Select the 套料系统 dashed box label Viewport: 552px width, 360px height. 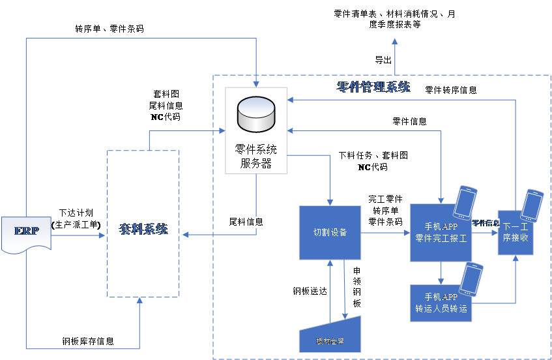coord(143,230)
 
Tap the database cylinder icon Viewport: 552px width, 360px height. coord(255,114)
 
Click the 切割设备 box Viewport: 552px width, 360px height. coord(330,233)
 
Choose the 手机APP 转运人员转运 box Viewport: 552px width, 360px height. coord(441,303)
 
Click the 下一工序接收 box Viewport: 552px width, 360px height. coord(515,233)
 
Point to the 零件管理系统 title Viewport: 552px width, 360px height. coord(373,87)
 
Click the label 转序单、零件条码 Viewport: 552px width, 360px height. coord(109,29)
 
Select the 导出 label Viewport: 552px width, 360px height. coord(383,61)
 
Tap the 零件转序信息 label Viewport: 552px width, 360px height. coord(451,91)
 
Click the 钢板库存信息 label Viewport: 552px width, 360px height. coord(88,340)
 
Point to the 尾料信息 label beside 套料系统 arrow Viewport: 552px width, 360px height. coord(246,222)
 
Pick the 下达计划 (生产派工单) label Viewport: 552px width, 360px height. coord(76,219)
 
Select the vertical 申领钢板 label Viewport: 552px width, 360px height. coord(356,287)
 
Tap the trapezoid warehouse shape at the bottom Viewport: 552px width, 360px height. coord(330,334)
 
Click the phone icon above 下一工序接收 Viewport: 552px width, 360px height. coord(532,205)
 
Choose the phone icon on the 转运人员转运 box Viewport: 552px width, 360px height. coord(471,278)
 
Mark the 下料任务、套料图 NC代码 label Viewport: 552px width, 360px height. coord(373,161)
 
